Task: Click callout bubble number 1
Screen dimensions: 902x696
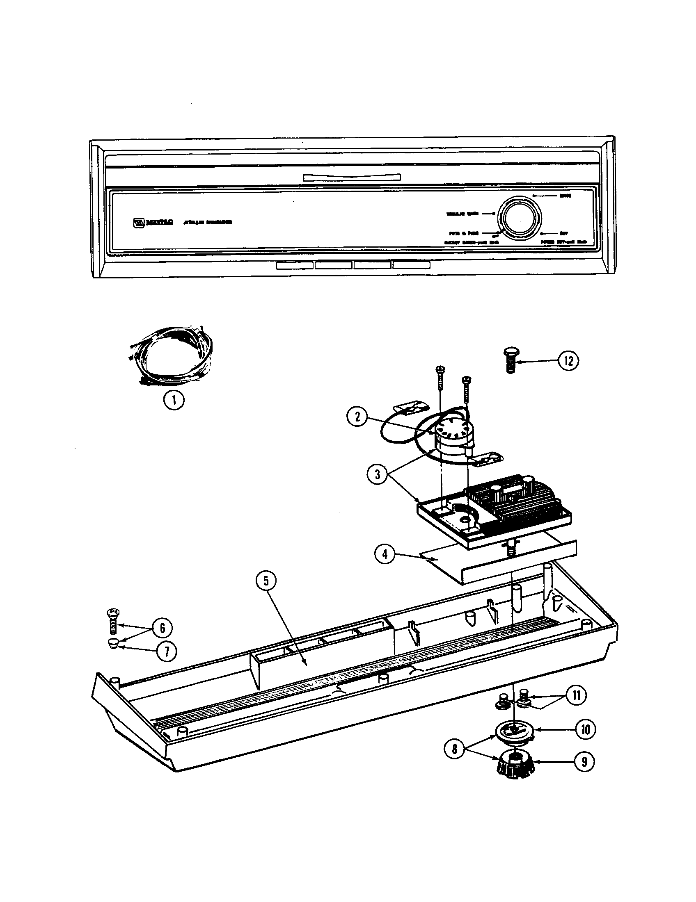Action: (173, 400)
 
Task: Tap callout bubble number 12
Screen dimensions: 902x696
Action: (568, 361)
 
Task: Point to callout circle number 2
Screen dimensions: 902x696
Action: (357, 417)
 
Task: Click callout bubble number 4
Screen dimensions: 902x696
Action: (385, 554)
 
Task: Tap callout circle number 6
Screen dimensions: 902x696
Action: (162, 628)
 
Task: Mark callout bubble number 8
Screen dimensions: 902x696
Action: (455, 749)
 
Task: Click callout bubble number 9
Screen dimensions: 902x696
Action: (584, 761)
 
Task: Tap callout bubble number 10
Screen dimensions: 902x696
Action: (586, 729)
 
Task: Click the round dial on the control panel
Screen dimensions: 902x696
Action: (520, 219)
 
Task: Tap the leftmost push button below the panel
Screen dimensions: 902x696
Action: (295, 265)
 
